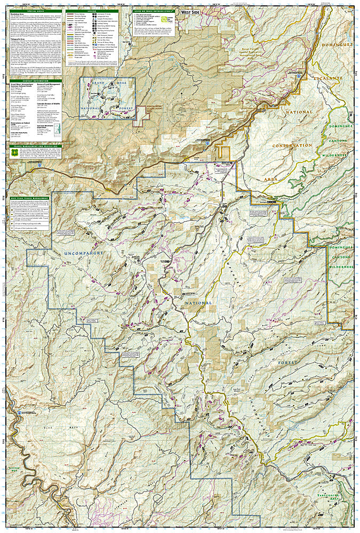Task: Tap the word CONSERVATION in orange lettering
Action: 291,146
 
